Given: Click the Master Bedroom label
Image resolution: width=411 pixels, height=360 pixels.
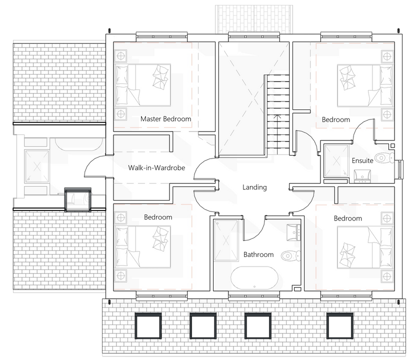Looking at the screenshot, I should [x=165, y=119].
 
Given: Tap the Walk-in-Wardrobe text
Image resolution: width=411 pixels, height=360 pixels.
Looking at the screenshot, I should [x=156, y=168].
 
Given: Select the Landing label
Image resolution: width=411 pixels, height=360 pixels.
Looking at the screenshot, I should [x=254, y=187].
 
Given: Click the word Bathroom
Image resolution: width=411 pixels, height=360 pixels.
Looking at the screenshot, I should [x=258, y=254].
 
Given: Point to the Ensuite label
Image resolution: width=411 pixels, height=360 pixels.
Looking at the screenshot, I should [x=362, y=161].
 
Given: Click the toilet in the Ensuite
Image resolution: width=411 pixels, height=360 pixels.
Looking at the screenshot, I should [x=383, y=158].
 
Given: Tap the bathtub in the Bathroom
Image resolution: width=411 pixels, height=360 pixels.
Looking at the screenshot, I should [x=254, y=277].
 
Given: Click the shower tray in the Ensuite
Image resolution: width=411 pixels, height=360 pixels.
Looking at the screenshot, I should [x=336, y=161].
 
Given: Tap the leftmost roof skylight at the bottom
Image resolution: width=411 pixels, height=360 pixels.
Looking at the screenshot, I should [x=148, y=325].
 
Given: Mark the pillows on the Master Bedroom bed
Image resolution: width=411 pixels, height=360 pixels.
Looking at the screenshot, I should [x=161, y=76].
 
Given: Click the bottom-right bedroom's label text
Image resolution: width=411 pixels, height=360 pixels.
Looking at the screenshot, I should [x=347, y=218].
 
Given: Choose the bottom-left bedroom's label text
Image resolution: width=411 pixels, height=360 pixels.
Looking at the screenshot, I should [x=158, y=217].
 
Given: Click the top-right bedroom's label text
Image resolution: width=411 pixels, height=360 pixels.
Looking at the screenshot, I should [x=335, y=119].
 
